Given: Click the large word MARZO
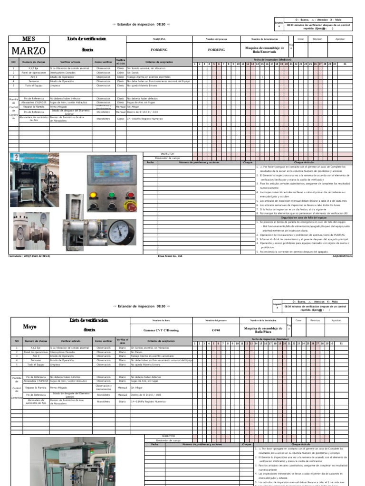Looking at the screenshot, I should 29,51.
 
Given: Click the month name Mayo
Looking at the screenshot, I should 29,327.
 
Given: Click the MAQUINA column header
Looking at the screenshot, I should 159,39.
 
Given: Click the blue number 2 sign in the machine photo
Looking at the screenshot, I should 16,158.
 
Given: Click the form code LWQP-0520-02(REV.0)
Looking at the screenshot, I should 29,256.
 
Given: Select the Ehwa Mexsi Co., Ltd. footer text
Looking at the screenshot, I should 170,256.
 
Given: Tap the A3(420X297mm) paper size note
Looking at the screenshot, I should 342,256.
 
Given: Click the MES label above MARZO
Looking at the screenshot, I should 29,38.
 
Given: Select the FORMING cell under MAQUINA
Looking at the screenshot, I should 159,49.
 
